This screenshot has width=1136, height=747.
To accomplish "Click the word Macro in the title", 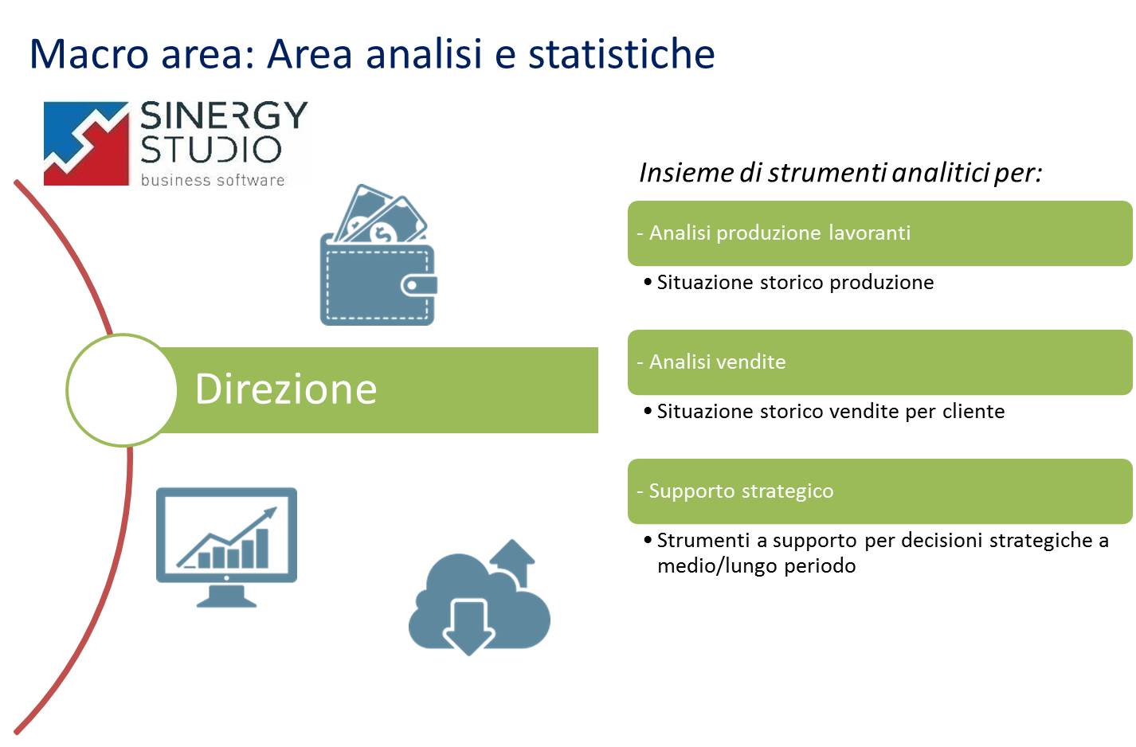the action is (89, 54).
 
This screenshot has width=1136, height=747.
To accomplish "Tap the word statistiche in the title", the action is (621, 54).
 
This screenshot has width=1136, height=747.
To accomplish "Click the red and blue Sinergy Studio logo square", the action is (86, 143).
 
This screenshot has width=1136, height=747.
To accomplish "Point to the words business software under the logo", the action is (213, 180).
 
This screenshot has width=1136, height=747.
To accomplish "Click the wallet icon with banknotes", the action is (378, 255).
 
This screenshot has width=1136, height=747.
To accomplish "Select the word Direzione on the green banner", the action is (286, 389).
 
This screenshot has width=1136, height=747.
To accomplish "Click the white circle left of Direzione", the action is (122, 389).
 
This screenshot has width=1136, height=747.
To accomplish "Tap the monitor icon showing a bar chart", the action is (226, 547).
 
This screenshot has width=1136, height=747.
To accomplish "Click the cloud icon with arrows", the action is (480, 597).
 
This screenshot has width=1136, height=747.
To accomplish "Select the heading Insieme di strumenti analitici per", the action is (840, 173).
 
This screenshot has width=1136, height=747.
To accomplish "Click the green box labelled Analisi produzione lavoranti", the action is (880, 233).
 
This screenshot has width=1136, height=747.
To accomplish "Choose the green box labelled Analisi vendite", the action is (880, 362).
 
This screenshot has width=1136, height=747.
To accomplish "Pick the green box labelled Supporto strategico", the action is (880, 491).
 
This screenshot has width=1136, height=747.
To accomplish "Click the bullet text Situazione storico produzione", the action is (795, 283).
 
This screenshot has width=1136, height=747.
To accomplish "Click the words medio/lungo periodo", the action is (756, 566).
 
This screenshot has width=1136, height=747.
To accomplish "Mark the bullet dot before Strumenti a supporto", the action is (648, 540).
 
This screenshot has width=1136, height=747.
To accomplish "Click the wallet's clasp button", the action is (419, 285).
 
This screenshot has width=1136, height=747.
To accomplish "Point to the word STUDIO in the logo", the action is (210, 149).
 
